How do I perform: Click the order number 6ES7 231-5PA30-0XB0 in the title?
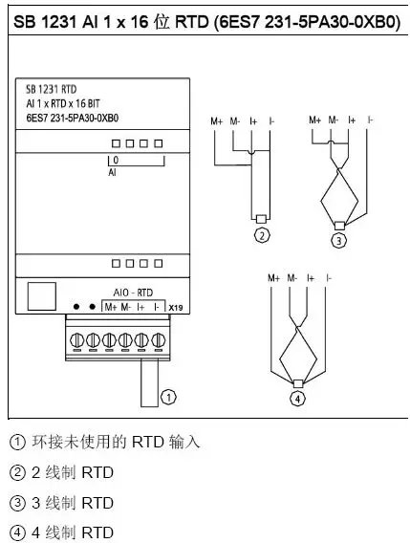tap(304, 20)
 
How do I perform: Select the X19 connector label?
tap(176, 307)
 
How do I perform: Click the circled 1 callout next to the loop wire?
tap(169, 394)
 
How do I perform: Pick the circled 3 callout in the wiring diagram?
tap(338, 240)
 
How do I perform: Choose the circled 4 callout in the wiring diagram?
tap(298, 398)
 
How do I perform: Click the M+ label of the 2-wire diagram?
tap(217, 120)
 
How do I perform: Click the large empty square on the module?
tap(41, 295)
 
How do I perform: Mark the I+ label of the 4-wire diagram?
tap(310, 277)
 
